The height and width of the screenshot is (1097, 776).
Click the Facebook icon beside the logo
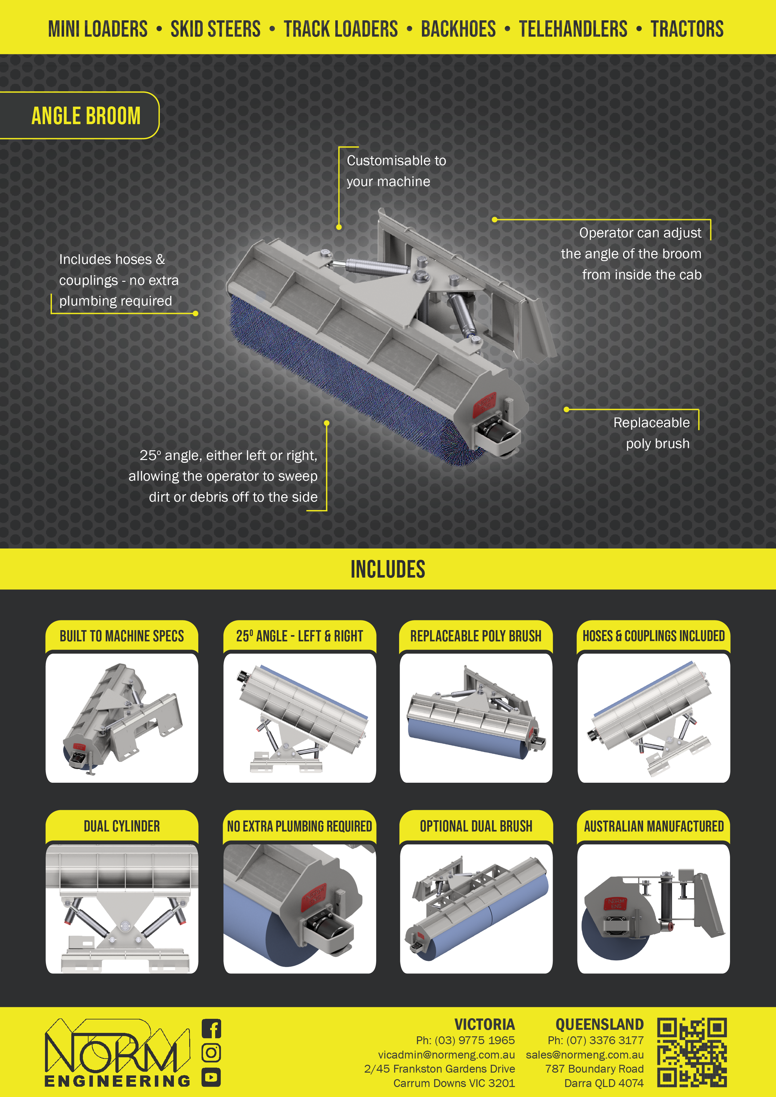click(x=211, y=1029)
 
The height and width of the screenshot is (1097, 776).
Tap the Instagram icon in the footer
click(x=211, y=1053)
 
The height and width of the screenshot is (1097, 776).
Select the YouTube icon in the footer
click(x=211, y=1077)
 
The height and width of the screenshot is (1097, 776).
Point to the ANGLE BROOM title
click(x=86, y=116)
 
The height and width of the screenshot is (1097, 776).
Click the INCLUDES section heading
click(x=388, y=569)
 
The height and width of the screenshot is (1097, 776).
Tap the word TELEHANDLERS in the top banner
click(x=573, y=29)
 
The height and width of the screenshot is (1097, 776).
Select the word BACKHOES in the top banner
click(x=458, y=29)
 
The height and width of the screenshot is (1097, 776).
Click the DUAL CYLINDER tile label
click(x=122, y=826)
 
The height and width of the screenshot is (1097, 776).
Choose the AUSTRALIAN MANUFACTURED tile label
click(x=654, y=826)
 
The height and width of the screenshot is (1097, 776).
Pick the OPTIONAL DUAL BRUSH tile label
click(x=476, y=826)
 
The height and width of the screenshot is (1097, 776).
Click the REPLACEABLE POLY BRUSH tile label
click(x=476, y=636)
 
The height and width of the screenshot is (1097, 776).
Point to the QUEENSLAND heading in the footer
click(x=600, y=1024)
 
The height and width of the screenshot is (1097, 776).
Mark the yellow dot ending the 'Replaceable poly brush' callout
click(x=566, y=409)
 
